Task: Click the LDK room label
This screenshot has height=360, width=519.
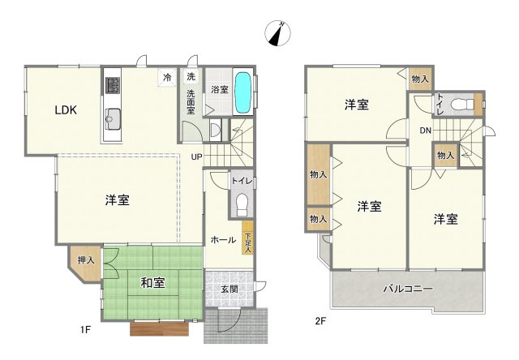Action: click(x=66, y=111)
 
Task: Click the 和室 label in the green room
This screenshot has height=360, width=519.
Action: click(x=153, y=283)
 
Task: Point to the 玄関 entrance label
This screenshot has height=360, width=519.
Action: click(x=229, y=289)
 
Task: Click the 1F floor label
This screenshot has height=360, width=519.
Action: click(x=85, y=330)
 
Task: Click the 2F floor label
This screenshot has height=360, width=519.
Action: click(x=321, y=321)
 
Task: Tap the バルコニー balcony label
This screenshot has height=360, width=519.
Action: click(x=408, y=289)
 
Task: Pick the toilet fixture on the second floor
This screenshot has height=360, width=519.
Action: click(x=460, y=105)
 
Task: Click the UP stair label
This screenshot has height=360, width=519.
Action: click(x=197, y=156)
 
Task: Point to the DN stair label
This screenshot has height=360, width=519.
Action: click(x=425, y=131)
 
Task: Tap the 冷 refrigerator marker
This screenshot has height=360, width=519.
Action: click(x=167, y=77)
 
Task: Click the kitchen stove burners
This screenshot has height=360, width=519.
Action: click(x=111, y=84)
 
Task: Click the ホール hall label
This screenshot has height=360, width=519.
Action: click(x=223, y=240)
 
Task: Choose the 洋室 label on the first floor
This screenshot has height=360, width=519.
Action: click(x=117, y=199)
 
